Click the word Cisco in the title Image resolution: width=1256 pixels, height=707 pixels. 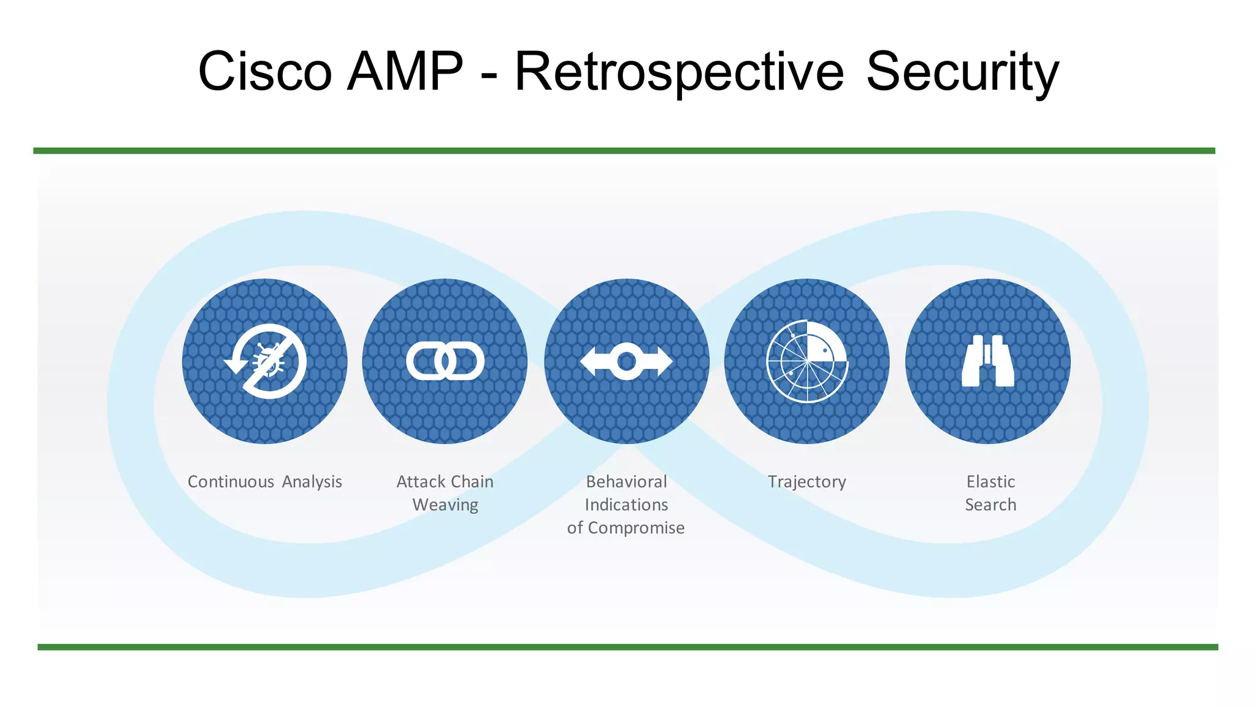[265, 72]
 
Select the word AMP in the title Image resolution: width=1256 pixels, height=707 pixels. [405, 72]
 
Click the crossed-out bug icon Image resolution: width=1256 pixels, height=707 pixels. [266, 361]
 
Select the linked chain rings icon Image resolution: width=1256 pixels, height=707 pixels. [445, 361]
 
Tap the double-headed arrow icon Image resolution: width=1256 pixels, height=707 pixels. [626, 361]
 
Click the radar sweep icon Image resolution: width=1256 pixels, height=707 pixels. [807, 361]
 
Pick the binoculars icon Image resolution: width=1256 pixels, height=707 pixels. [988, 361]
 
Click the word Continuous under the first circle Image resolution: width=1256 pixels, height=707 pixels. [231, 482]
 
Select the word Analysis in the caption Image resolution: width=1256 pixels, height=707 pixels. [312, 482]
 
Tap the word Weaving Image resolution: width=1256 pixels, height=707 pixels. [445, 505]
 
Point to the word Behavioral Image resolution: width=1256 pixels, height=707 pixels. [626, 482]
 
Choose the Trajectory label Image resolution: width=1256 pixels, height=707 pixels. [807, 482]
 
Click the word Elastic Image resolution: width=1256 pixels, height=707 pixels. [990, 482]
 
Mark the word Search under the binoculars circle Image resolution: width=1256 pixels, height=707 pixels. [990, 505]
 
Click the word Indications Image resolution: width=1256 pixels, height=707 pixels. [626, 505]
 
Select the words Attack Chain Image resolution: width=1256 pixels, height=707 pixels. [445, 482]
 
